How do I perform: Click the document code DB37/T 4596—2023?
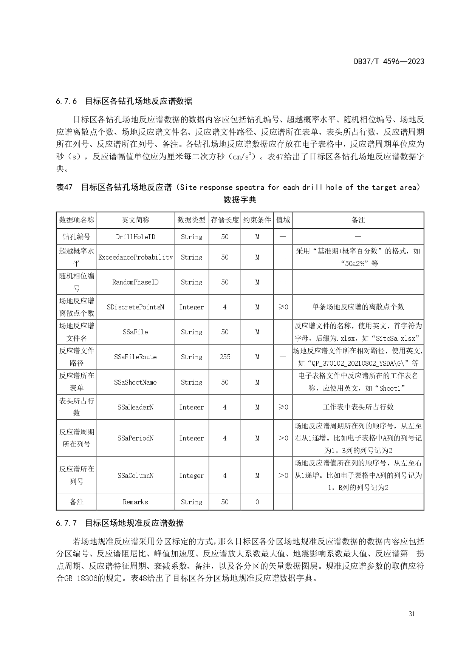(389, 62)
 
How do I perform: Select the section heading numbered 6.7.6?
(124, 101)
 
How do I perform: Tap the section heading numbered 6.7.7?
(120, 523)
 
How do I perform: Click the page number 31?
(412, 614)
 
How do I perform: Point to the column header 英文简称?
(135, 220)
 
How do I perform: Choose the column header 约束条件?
(257, 220)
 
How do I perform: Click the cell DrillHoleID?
(135, 237)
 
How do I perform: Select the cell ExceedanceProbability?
(135, 257)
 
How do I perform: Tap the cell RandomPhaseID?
(135, 282)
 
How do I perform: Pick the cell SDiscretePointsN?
(135, 307)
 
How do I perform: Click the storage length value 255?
(225, 357)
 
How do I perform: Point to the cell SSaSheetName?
(135, 382)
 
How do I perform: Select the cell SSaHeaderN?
(135, 407)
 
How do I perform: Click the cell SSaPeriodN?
(135, 438)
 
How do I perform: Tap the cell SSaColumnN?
(135, 476)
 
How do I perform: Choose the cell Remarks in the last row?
(135, 502)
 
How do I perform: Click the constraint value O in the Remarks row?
(257, 502)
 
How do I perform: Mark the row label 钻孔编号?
(77, 237)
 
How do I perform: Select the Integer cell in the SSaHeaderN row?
(191, 407)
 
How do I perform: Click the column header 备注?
(358, 220)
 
